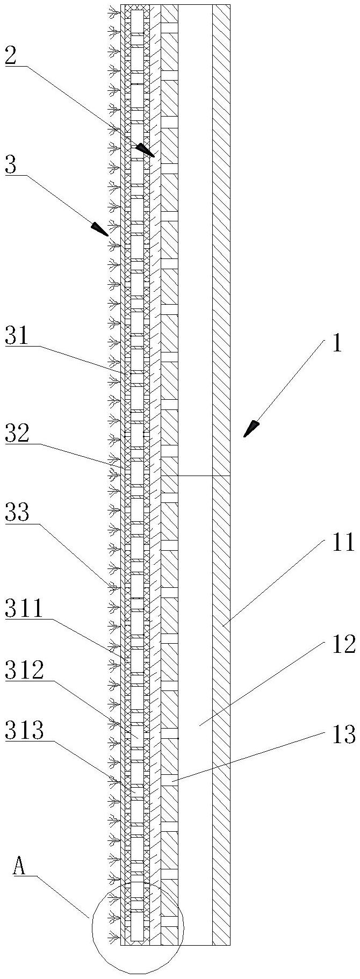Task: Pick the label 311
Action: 24,609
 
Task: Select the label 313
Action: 24,731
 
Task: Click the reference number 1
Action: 336,344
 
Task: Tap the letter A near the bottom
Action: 20,867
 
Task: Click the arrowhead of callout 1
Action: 250,429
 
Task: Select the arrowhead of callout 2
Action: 146,150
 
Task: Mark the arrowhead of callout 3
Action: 100,229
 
